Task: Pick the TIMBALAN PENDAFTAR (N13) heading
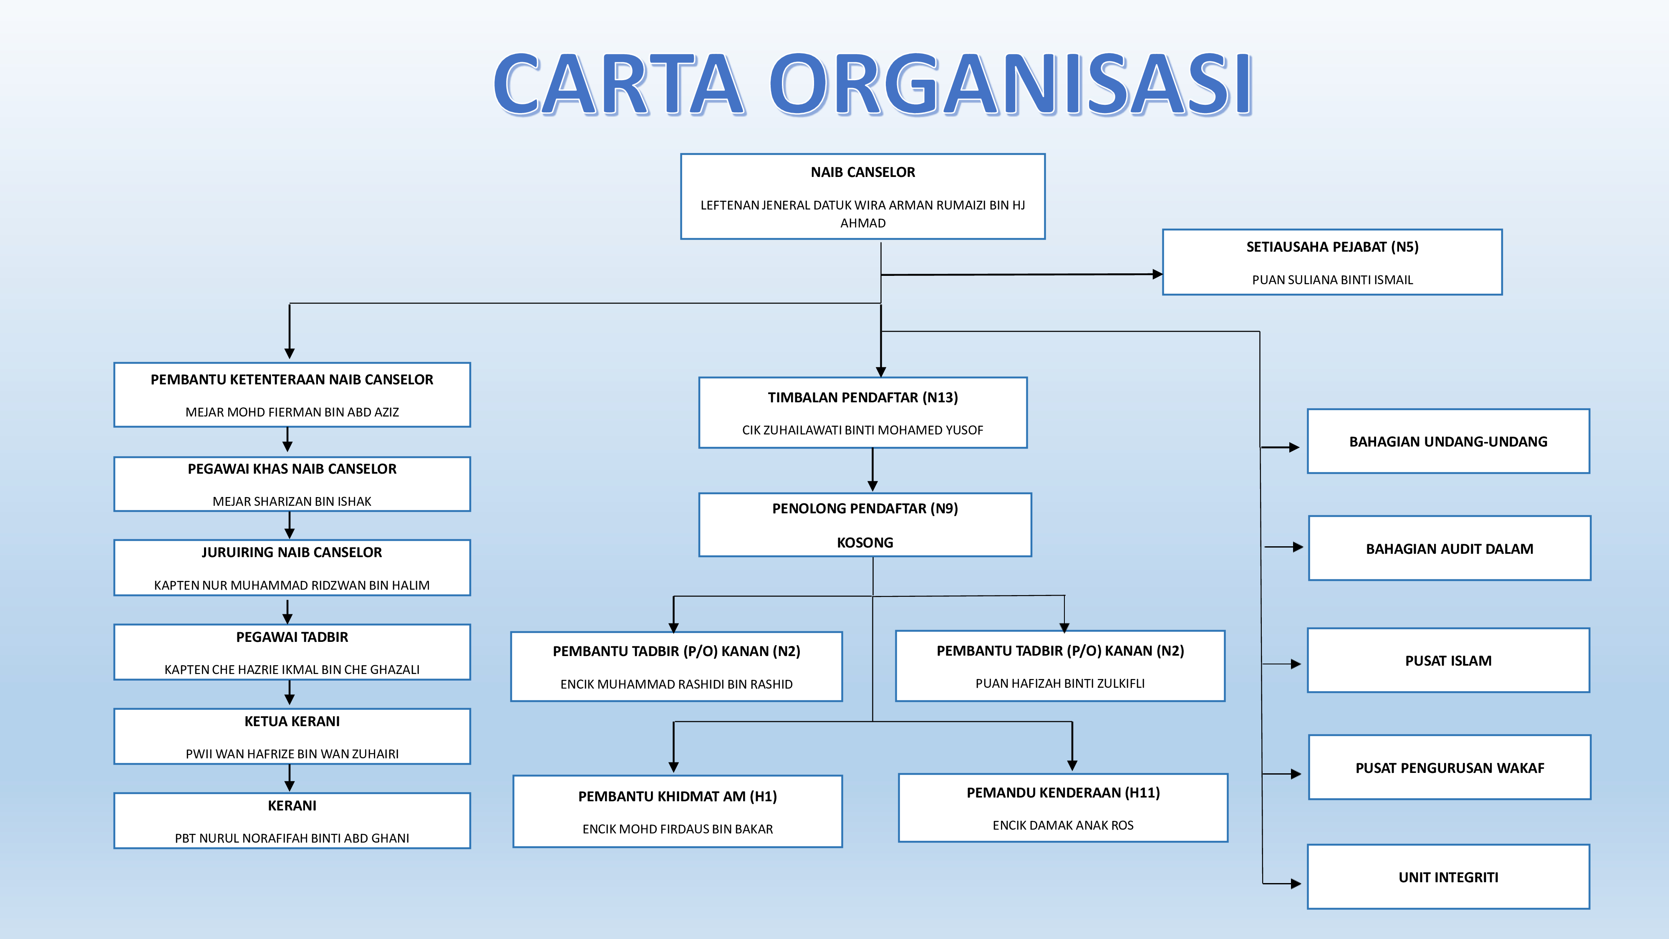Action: [x=862, y=397]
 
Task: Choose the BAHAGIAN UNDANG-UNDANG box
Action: [x=1448, y=441]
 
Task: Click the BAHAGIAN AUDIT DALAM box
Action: [x=1450, y=548]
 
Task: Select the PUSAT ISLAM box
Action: [x=1448, y=660]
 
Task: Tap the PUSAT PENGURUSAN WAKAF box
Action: [x=1450, y=767]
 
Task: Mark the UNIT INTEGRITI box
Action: [x=1448, y=877]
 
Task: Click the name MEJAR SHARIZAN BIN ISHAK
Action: [x=292, y=501]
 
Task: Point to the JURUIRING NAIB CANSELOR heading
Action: [x=292, y=552]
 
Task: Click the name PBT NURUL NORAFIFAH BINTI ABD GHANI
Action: [x=292, y=838]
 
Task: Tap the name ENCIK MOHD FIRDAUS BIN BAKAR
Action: [x=677, y=829]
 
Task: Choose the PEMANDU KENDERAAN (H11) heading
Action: [x=1063, y=793]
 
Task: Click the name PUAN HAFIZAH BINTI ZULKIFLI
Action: [x=1060, y=683]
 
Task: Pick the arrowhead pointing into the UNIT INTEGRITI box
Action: [x=1295, y=883]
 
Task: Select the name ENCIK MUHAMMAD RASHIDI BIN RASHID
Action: [x=676, y=684]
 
